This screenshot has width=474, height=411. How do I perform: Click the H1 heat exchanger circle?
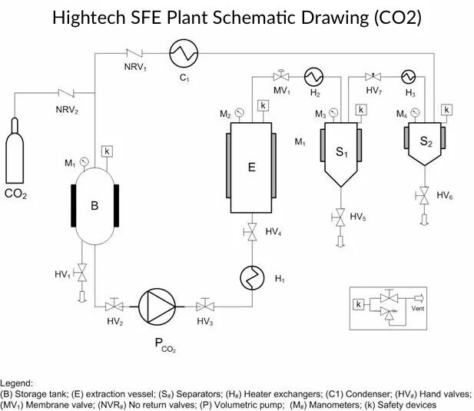tap(250, 277)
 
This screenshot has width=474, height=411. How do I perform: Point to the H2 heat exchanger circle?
tap(314, 76)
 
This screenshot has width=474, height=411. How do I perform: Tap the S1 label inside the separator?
tap(342, 153)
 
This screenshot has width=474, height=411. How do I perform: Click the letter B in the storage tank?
tap(94, 205)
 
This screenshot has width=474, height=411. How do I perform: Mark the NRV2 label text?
tap(66, 109)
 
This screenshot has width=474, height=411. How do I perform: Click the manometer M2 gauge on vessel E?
tap(239, 114)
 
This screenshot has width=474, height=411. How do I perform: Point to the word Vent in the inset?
tap(419, 309)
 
